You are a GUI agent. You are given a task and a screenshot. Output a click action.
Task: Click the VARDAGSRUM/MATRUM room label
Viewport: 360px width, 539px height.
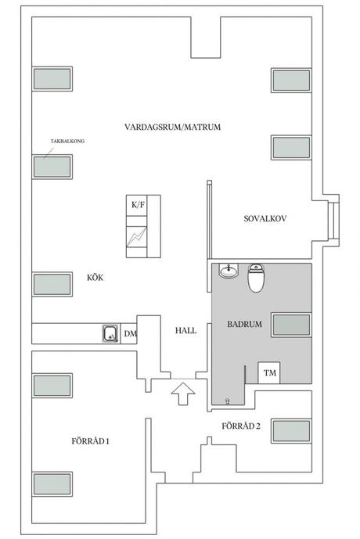coord(173,128)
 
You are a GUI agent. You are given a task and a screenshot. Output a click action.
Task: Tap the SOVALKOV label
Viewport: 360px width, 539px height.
coord(265,218)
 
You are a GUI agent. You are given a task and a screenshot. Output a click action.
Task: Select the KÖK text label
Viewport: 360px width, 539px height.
coord(95,278)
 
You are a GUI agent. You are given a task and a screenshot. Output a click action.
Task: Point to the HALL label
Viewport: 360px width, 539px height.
coord(185,331)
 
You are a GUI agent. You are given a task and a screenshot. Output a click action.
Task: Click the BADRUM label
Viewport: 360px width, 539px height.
coord(244,324)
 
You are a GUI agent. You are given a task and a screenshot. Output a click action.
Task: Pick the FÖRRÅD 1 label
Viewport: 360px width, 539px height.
coord(91,441)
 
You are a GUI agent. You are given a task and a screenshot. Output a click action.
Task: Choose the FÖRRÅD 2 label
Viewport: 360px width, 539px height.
coord(241,426)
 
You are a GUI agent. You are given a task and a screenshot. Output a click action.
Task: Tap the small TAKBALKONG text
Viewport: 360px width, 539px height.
coord(67,141)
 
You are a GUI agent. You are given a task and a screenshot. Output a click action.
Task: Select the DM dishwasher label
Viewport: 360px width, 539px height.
coord(130,333)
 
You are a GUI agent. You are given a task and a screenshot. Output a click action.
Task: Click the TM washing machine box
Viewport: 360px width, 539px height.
coord(269,372)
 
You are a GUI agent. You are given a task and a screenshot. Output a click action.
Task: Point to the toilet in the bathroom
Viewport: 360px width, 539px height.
coord(256,278)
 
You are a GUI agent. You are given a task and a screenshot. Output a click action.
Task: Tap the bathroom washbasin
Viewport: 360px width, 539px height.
coord(229,271)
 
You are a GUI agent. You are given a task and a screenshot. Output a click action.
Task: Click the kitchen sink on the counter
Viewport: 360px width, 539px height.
coord(111,333)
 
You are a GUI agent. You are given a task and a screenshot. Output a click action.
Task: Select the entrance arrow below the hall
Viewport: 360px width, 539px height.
coord(183,394)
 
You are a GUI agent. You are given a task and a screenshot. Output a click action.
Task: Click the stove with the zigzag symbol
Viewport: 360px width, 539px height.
coord(136,236)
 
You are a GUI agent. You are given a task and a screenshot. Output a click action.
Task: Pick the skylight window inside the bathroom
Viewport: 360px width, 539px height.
coord(292,325)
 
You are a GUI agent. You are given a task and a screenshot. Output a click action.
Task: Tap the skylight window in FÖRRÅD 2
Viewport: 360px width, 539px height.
coord(292,431)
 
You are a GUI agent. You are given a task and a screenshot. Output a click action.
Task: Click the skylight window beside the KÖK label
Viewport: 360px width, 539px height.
coord(52,284)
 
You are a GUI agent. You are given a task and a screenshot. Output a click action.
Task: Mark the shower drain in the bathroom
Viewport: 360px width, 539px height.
coord(227,401)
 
